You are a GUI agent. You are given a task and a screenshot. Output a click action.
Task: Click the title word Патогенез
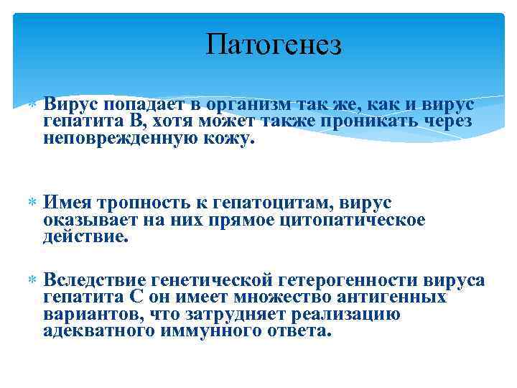tap(274, 45)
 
